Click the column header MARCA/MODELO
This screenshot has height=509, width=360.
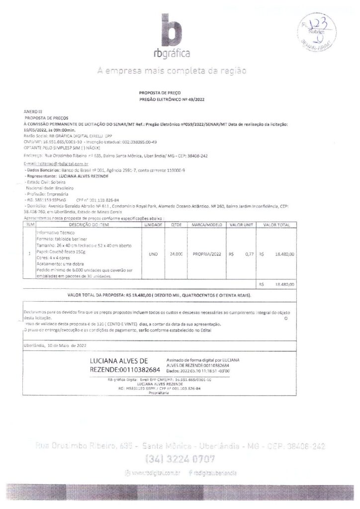206,225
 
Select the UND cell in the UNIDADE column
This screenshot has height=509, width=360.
153,254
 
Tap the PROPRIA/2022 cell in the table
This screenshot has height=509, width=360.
206,254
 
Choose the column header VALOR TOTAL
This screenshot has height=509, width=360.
277,225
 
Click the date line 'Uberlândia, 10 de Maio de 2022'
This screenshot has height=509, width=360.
55,344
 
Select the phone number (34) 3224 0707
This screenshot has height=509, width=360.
180,458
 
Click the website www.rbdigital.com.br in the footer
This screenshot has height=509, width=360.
156,472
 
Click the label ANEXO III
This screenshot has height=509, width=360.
31,113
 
